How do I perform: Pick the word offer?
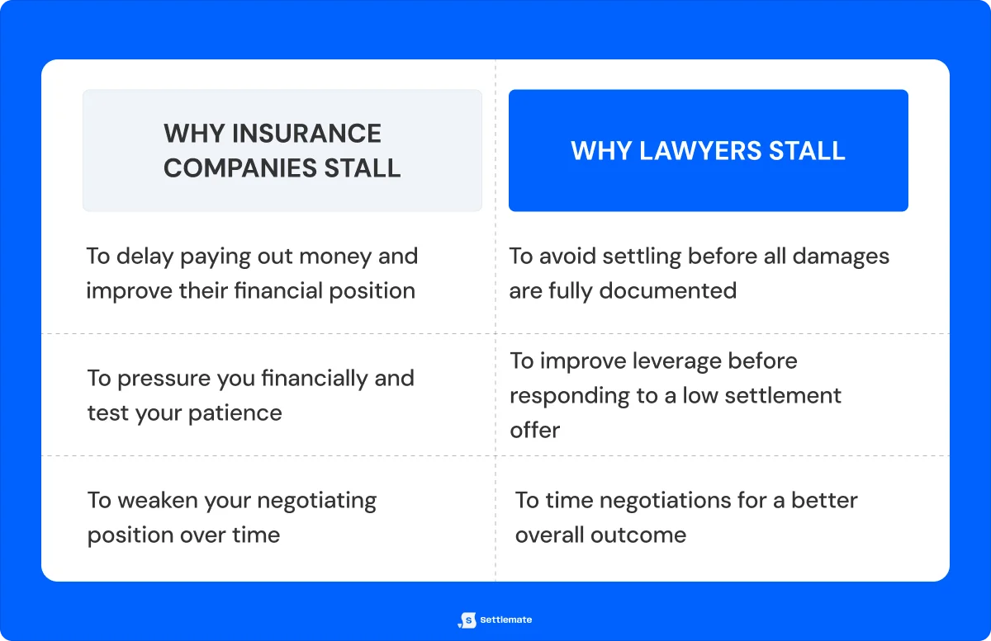point(534,430)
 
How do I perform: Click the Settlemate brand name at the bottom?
point(506,620)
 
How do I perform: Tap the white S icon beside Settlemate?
point(467,620)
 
